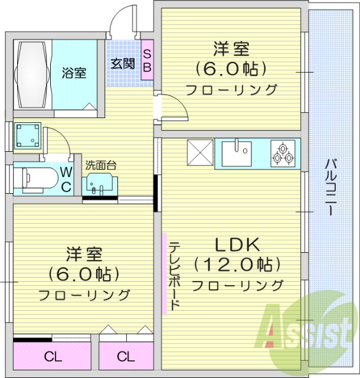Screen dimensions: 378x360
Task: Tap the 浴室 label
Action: (74, 73)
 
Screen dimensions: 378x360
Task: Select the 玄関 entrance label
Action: (122, 63)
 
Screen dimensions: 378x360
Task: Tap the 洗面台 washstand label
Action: (100, 165)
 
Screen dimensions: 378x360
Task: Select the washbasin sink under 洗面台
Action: (97, 185)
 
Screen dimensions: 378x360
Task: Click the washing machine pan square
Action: (27, 136)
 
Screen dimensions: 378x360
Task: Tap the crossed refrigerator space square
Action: (200, 154)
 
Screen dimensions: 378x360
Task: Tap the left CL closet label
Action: (53, 357)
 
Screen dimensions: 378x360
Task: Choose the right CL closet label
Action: (125, 357)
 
